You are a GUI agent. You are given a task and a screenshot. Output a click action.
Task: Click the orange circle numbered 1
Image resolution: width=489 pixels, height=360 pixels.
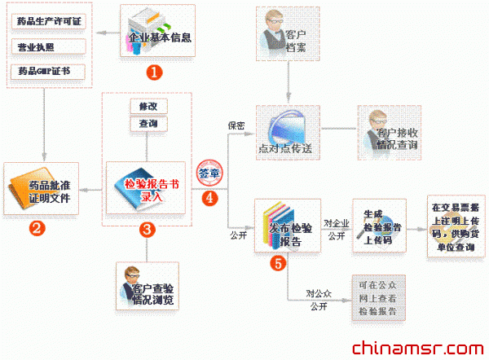[x=153, y=72]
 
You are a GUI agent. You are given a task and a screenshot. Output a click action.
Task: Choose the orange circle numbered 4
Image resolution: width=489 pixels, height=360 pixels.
[x=211, y=197]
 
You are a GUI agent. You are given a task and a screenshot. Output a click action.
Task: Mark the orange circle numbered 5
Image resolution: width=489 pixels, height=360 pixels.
[x=279, y=262]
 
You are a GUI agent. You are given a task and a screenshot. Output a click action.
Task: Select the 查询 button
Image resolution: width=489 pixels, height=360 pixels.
[x=148, y=124]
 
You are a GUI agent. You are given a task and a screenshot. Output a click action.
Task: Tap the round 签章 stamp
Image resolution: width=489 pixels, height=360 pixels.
[x=210, y=173]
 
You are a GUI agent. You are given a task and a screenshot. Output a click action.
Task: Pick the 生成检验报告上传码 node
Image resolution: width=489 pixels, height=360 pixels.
[x=378, y=225]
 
